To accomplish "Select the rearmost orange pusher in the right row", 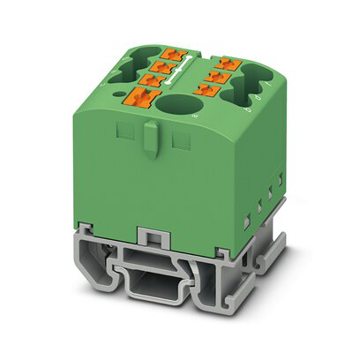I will point(228,63).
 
